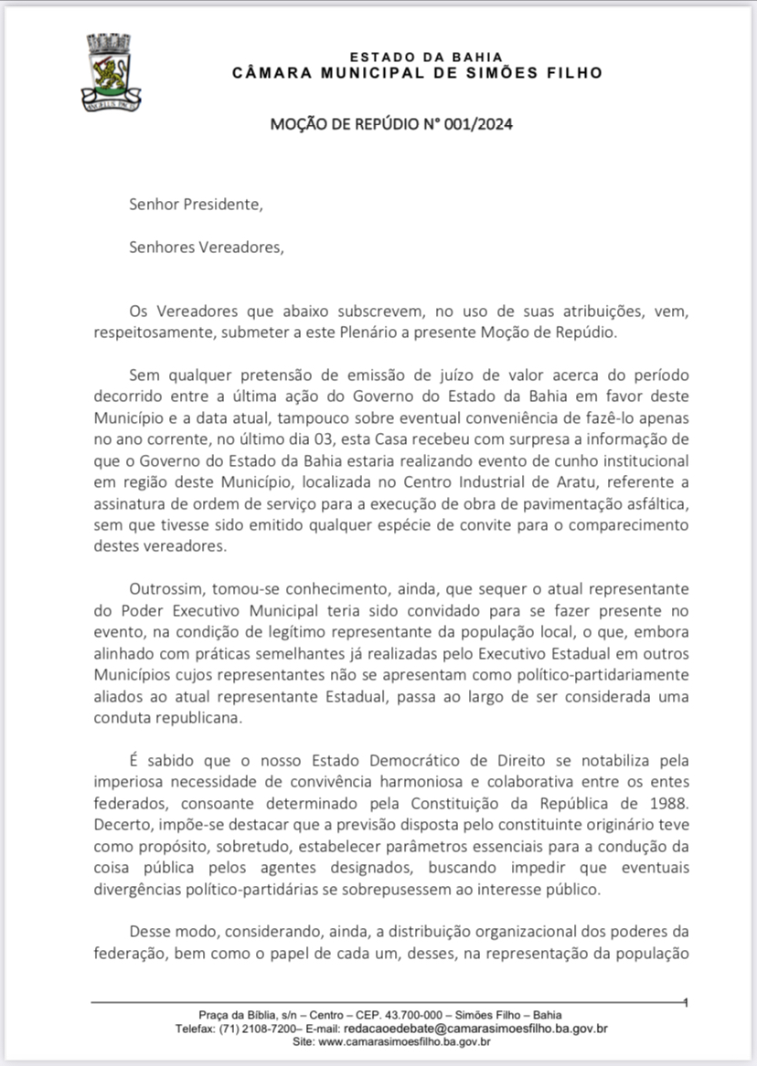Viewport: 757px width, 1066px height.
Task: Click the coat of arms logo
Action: (111, 70)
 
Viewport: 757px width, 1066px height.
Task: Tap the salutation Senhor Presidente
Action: (196, 205)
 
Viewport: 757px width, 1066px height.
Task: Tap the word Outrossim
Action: (168, 589)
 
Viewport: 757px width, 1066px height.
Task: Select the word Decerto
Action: (122, 825)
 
